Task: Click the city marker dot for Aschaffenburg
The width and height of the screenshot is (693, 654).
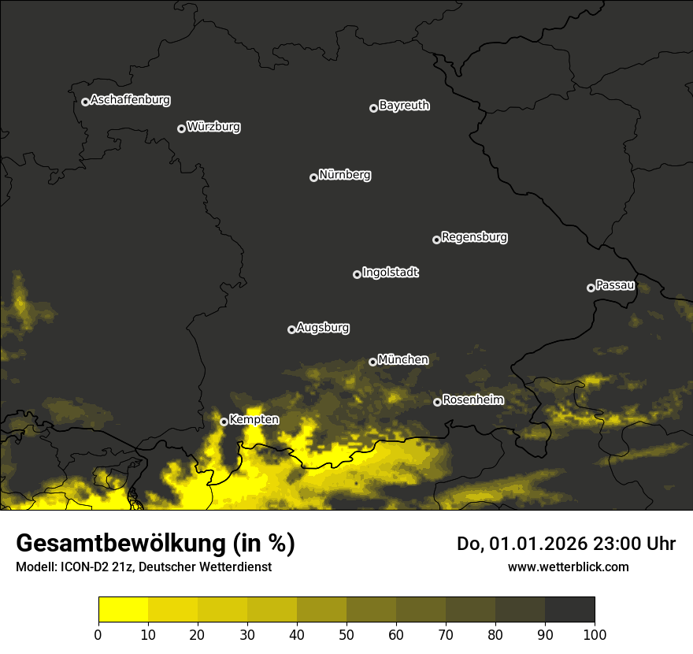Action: [x=85, y=102]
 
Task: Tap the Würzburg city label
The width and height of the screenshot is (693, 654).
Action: [x=213, y=127]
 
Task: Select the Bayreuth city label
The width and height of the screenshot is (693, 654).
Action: [x=404, y=106]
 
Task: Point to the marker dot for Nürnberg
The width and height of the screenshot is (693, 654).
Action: [x=313, y=177]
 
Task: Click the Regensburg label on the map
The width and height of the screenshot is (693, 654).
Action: [x=474, y=237]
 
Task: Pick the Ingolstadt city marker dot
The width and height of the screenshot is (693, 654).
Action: [x=357, y=274]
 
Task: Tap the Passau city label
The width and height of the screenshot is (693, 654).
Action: [x=615, y=285]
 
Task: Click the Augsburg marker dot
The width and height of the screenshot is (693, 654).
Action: [x=291, y=329]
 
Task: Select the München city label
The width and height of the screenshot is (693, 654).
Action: [x=403, y=360]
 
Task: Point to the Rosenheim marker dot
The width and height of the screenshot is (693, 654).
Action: [x=437, y=402]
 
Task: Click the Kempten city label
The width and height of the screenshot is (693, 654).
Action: [x=254, y=420]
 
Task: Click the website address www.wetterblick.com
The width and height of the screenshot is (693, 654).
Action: [x=568, y=567]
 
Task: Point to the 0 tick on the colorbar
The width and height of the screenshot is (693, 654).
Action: [x=98, y=634]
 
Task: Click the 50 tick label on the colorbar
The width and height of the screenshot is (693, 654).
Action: [x=346, y=634]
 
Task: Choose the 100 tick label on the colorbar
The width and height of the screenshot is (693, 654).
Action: [x=595, y=634]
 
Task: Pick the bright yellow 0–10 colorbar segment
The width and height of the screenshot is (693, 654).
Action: [x=123, y=610]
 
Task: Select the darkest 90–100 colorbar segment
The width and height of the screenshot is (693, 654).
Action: [x=569, y=610]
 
